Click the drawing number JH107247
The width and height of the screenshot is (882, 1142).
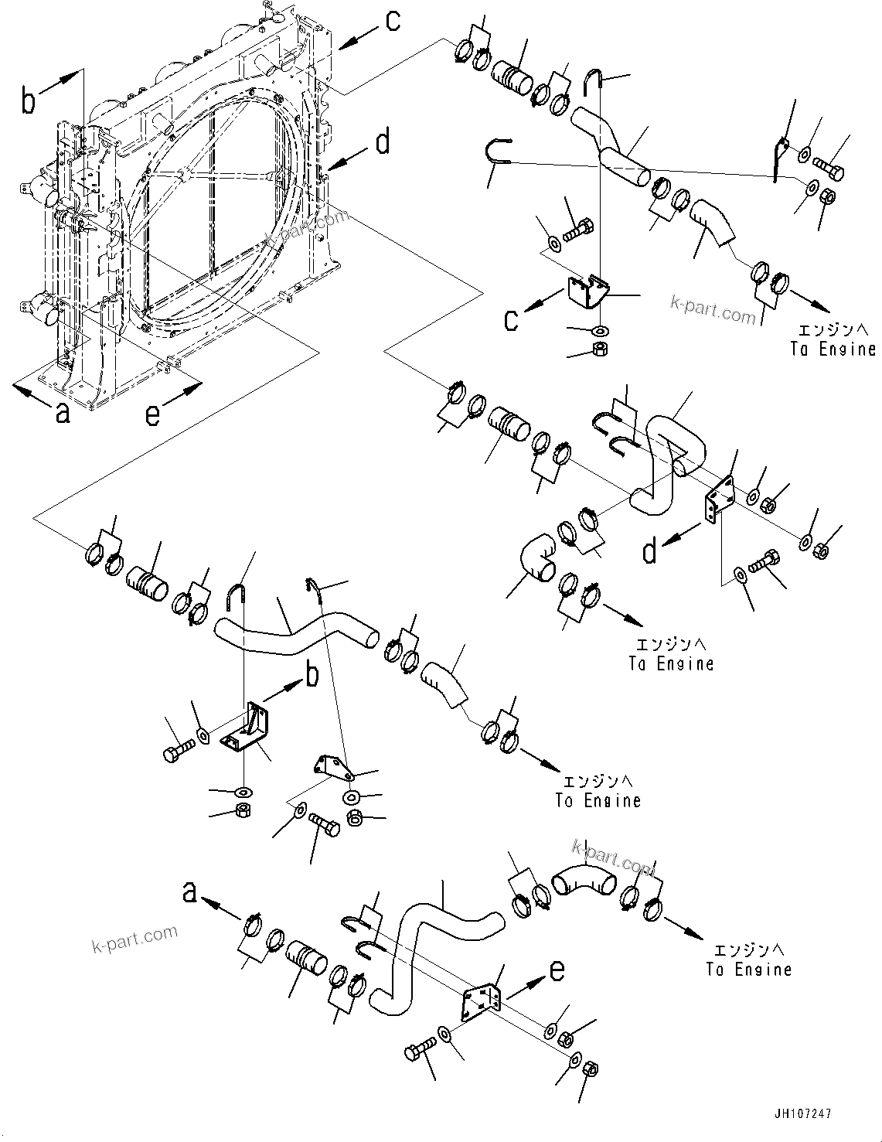801,1113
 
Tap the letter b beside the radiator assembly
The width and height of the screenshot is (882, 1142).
29,101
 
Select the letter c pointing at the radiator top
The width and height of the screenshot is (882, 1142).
393,21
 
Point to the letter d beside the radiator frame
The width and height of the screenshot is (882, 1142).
383,143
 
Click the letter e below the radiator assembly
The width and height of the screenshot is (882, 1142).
153,414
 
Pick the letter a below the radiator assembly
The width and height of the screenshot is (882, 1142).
63,414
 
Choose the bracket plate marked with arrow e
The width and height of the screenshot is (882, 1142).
481,1004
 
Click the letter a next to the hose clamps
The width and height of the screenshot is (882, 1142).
189,893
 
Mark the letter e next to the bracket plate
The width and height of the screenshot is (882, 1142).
557,970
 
